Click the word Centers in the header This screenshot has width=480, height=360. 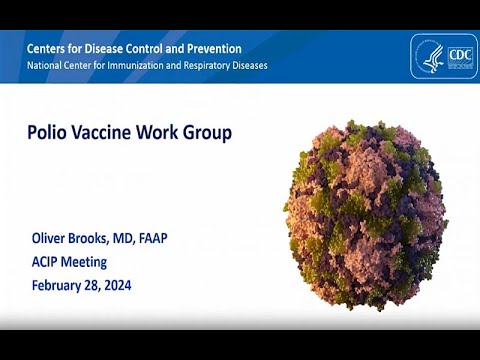pos(50,48)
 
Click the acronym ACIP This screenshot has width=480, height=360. pos(47,262)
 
